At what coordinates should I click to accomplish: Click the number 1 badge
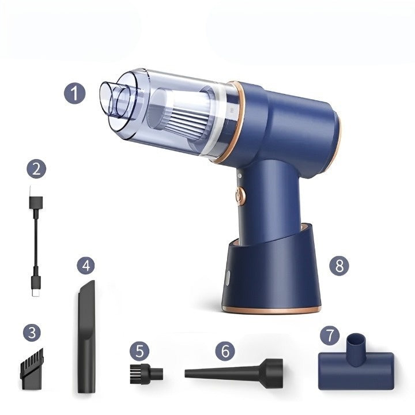click(x=75, y=93)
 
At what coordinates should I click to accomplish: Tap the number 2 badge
click(x=36, y=169)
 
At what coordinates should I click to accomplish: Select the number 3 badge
click(x=32, y=333)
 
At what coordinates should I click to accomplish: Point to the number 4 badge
click(x=86, y=266)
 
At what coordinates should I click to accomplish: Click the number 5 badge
click(x=139, y=351)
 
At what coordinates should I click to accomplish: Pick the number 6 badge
click(x=225, y=351)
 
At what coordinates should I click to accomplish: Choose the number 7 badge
click(x=330, y=335)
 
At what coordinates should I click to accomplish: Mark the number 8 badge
click(x=339, y=266)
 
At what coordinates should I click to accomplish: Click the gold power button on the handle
click(x=240, y=196)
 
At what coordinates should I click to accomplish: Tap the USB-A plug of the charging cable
click(x=36, y=199)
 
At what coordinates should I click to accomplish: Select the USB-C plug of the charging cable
click(x=36, y=286)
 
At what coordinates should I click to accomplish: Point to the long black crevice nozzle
click(x=86, y=336)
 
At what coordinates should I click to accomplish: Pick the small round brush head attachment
click(x=146, y=373)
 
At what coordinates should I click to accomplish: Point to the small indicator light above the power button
click(x=239, y=175)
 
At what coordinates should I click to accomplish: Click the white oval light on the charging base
click(x=228, y=278)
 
